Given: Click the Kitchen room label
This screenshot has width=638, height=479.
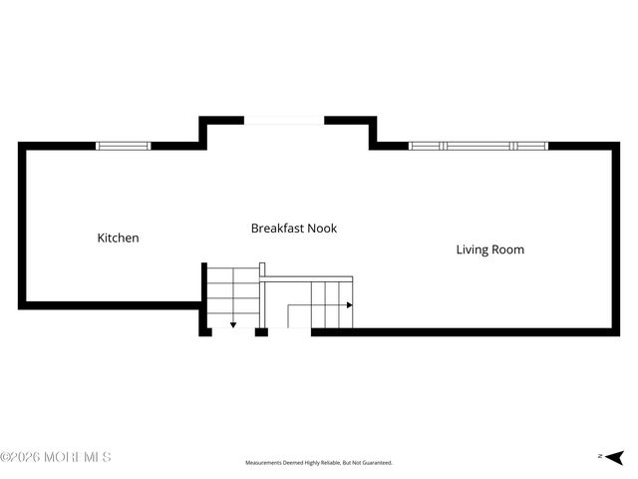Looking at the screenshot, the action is coord(118,238).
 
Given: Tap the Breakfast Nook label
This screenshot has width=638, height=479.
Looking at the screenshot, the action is coord(294,229).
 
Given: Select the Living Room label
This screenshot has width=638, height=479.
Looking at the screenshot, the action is coord(490,249).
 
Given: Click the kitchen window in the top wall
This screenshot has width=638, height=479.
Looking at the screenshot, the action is coord(124,146).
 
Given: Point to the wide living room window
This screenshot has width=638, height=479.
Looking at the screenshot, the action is coord(478,146).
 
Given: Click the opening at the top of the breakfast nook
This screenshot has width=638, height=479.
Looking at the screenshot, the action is coord(284,121).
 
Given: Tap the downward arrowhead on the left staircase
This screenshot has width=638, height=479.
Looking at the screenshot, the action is coord(233,325).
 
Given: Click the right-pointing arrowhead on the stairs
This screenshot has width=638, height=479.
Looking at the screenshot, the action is coord(350,305).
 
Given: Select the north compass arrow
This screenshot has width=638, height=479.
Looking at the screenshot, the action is coord(615,458).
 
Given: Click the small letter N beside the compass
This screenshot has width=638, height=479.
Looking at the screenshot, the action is coord(600,456).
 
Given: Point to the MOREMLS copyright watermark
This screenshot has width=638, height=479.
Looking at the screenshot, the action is coord(56,457).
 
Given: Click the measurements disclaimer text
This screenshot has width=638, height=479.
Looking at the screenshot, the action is coord(319,463).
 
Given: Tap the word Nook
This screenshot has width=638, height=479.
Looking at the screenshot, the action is coord(322,229).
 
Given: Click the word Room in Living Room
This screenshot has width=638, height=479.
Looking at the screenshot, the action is coord(509,249).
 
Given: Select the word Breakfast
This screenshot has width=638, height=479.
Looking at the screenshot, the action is coord(277,229).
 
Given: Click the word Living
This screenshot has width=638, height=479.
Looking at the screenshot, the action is coord(473,249).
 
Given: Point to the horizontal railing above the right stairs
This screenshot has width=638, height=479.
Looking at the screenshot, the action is coord(306,279).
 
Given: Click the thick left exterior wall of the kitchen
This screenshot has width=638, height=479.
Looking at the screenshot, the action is coord(22,226).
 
